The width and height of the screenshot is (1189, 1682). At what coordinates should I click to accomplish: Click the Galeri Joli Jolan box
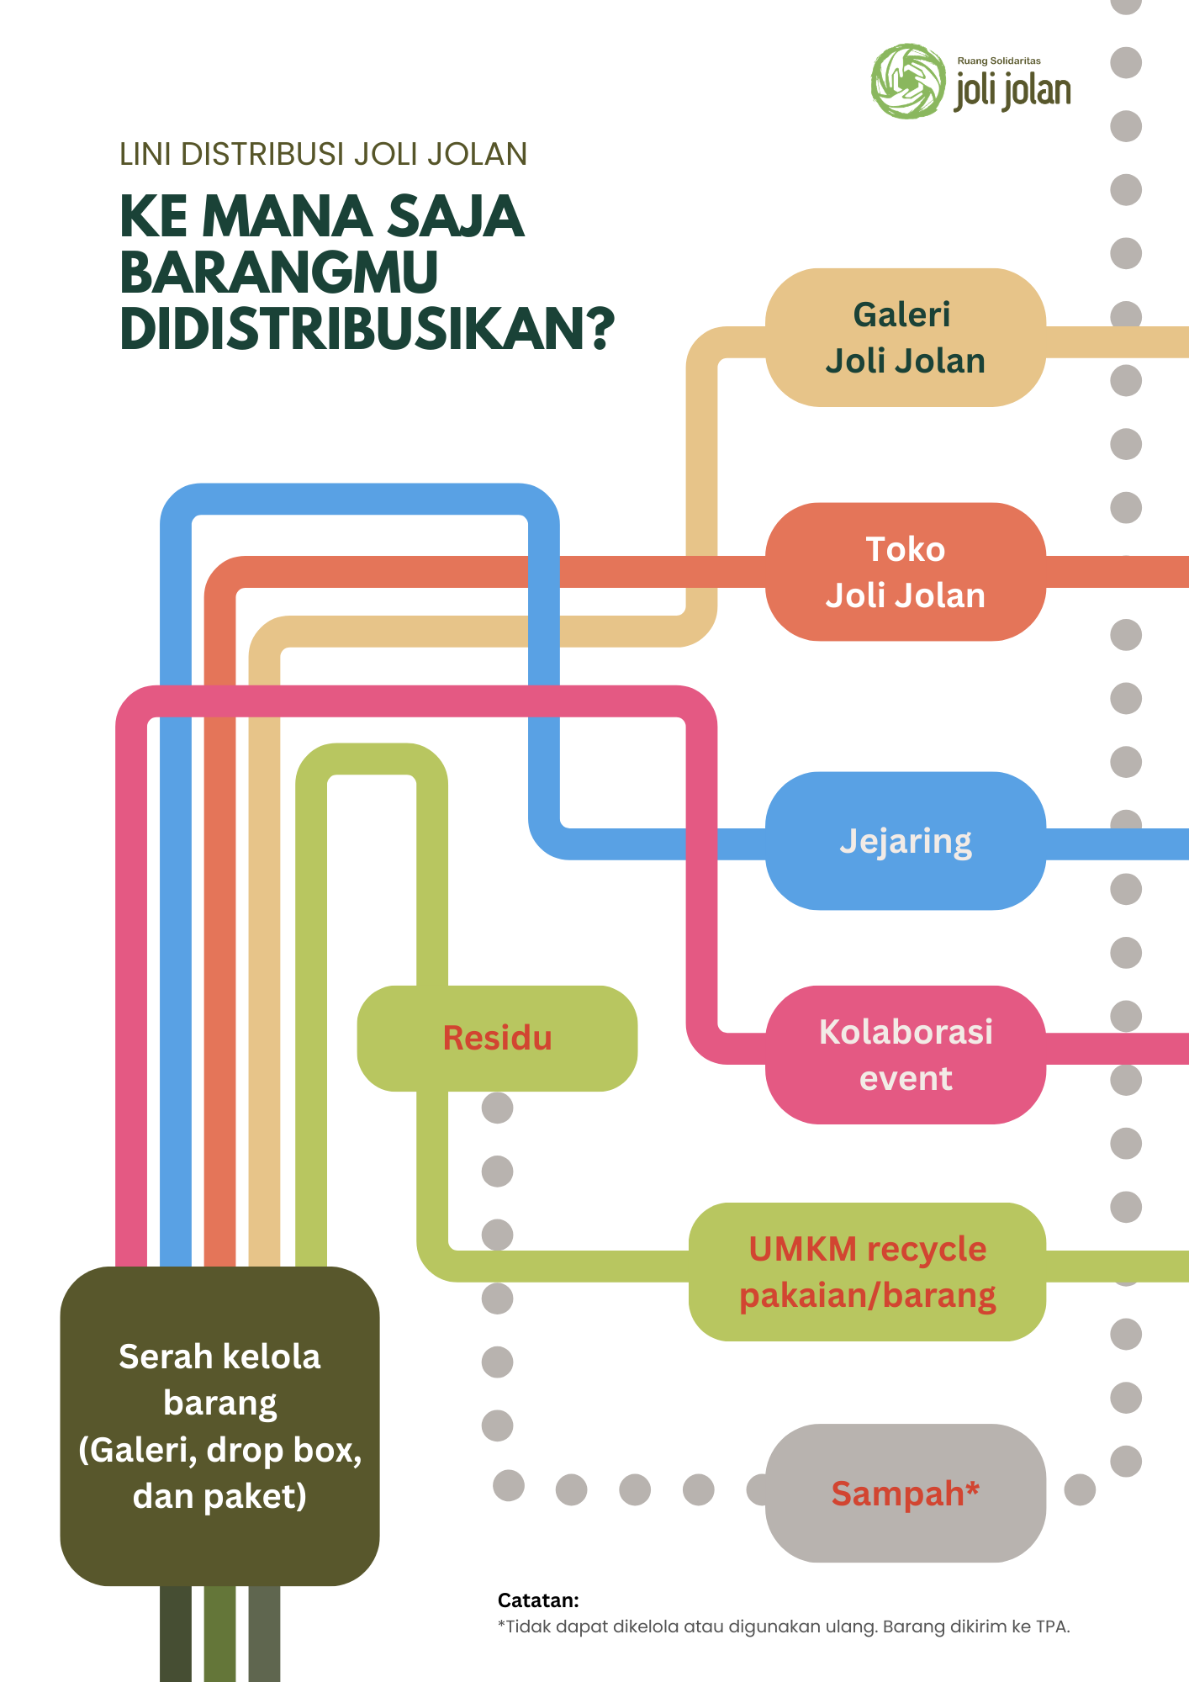(x=905, y=337)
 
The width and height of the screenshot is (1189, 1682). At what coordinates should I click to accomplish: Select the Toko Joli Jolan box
(x=905, y=572)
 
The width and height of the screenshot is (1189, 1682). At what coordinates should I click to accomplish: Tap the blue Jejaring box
(x=905, y=841)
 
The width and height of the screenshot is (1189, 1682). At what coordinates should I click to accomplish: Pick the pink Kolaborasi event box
(x=905, y=1055)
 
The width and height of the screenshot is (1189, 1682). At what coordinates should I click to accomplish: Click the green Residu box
(x=497, y=1038)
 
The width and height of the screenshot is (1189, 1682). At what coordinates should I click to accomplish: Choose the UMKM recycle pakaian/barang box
(x=867, y=1272)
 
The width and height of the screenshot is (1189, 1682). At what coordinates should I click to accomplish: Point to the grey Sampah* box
(x=905, y=1493)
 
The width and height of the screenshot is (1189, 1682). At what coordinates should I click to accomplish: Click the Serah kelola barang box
(x=219, y=1425)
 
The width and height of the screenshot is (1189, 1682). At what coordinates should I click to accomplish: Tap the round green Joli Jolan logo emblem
(x=908, y=81)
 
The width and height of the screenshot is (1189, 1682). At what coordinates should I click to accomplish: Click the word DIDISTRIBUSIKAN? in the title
(x=367, y=329)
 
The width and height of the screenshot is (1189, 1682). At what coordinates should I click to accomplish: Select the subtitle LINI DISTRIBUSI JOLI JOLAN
(x=323, y=154)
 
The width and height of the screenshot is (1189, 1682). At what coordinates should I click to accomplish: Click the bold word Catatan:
(x=538, y=1600)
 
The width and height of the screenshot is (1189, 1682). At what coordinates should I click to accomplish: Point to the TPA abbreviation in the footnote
(x=1052, y=1626)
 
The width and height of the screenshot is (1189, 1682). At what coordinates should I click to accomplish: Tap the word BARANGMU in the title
(x=279, y=272)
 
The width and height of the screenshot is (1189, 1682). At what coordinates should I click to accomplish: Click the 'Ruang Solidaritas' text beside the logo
(x=999, y=61)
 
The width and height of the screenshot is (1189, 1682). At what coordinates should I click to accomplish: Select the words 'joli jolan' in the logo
(x=1012, y=91)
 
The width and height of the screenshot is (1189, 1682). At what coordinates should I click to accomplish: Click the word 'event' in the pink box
(x=906, y=1078)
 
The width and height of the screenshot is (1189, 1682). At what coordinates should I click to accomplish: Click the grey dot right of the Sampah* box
(x=1080, y=1489)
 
